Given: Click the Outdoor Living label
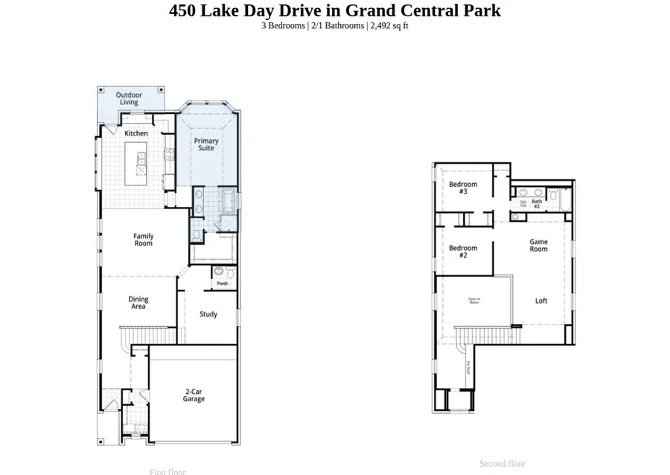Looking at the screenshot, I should (130, 99).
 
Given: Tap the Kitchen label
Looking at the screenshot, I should (136, 133).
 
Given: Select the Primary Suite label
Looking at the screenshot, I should (206, 144).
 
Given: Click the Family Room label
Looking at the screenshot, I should (144, 240).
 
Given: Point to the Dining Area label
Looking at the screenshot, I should (138, 302).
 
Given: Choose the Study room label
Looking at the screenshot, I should (208, 314).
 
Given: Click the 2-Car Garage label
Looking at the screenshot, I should (194, 395).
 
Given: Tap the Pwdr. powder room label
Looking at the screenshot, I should (223, 284).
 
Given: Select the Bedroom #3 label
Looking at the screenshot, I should (463, 188).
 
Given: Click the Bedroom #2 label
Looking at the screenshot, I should (463, 251).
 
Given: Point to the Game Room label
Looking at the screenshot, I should (539, 246).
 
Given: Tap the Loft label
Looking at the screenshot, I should (541, 301).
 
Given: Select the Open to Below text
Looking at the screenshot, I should (474, 301).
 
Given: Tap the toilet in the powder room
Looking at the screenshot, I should (220, 272).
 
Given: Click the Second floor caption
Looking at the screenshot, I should (502, 464).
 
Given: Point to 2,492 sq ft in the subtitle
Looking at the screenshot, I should (389, 25).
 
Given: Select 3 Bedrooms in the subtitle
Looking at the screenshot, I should (283, 25).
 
